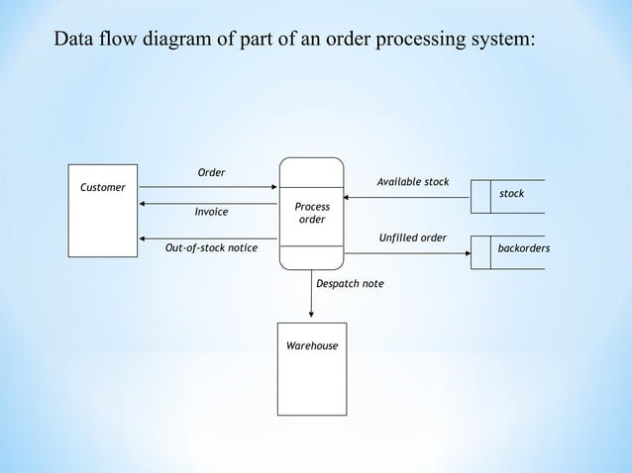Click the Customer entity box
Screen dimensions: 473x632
103,211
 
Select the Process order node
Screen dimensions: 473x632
312,214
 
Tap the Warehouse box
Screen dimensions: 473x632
312,368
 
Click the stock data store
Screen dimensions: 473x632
511,195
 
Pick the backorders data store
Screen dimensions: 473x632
523,251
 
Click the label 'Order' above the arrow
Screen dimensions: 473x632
211,173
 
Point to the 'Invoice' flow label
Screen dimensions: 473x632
211,212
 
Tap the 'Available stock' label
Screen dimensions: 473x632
413,182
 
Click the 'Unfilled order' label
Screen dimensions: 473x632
413,237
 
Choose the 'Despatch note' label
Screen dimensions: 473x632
350,284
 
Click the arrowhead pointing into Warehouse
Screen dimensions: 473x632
312,317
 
